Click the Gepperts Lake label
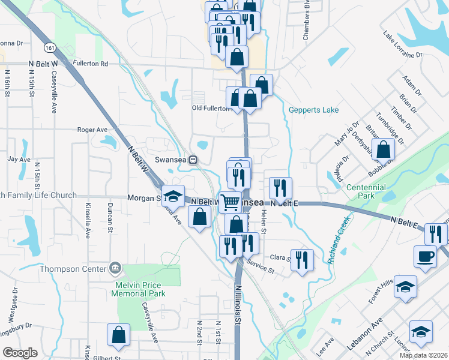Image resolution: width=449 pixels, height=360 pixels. click(313, 110)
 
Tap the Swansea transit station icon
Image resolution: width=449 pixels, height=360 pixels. click(193, 160)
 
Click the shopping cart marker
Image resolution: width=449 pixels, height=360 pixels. click(230, 202)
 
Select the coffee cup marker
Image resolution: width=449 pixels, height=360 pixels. click(425, 256)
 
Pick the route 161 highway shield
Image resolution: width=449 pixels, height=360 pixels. click(49, 46)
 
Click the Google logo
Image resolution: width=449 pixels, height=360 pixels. click(19, 352)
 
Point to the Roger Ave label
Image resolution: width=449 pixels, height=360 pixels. click(92, 129)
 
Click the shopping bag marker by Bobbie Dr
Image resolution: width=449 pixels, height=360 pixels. click(383, 150)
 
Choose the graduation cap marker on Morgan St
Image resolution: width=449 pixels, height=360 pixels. click(172, 196)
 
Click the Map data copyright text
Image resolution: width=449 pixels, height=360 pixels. click(423, 355)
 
